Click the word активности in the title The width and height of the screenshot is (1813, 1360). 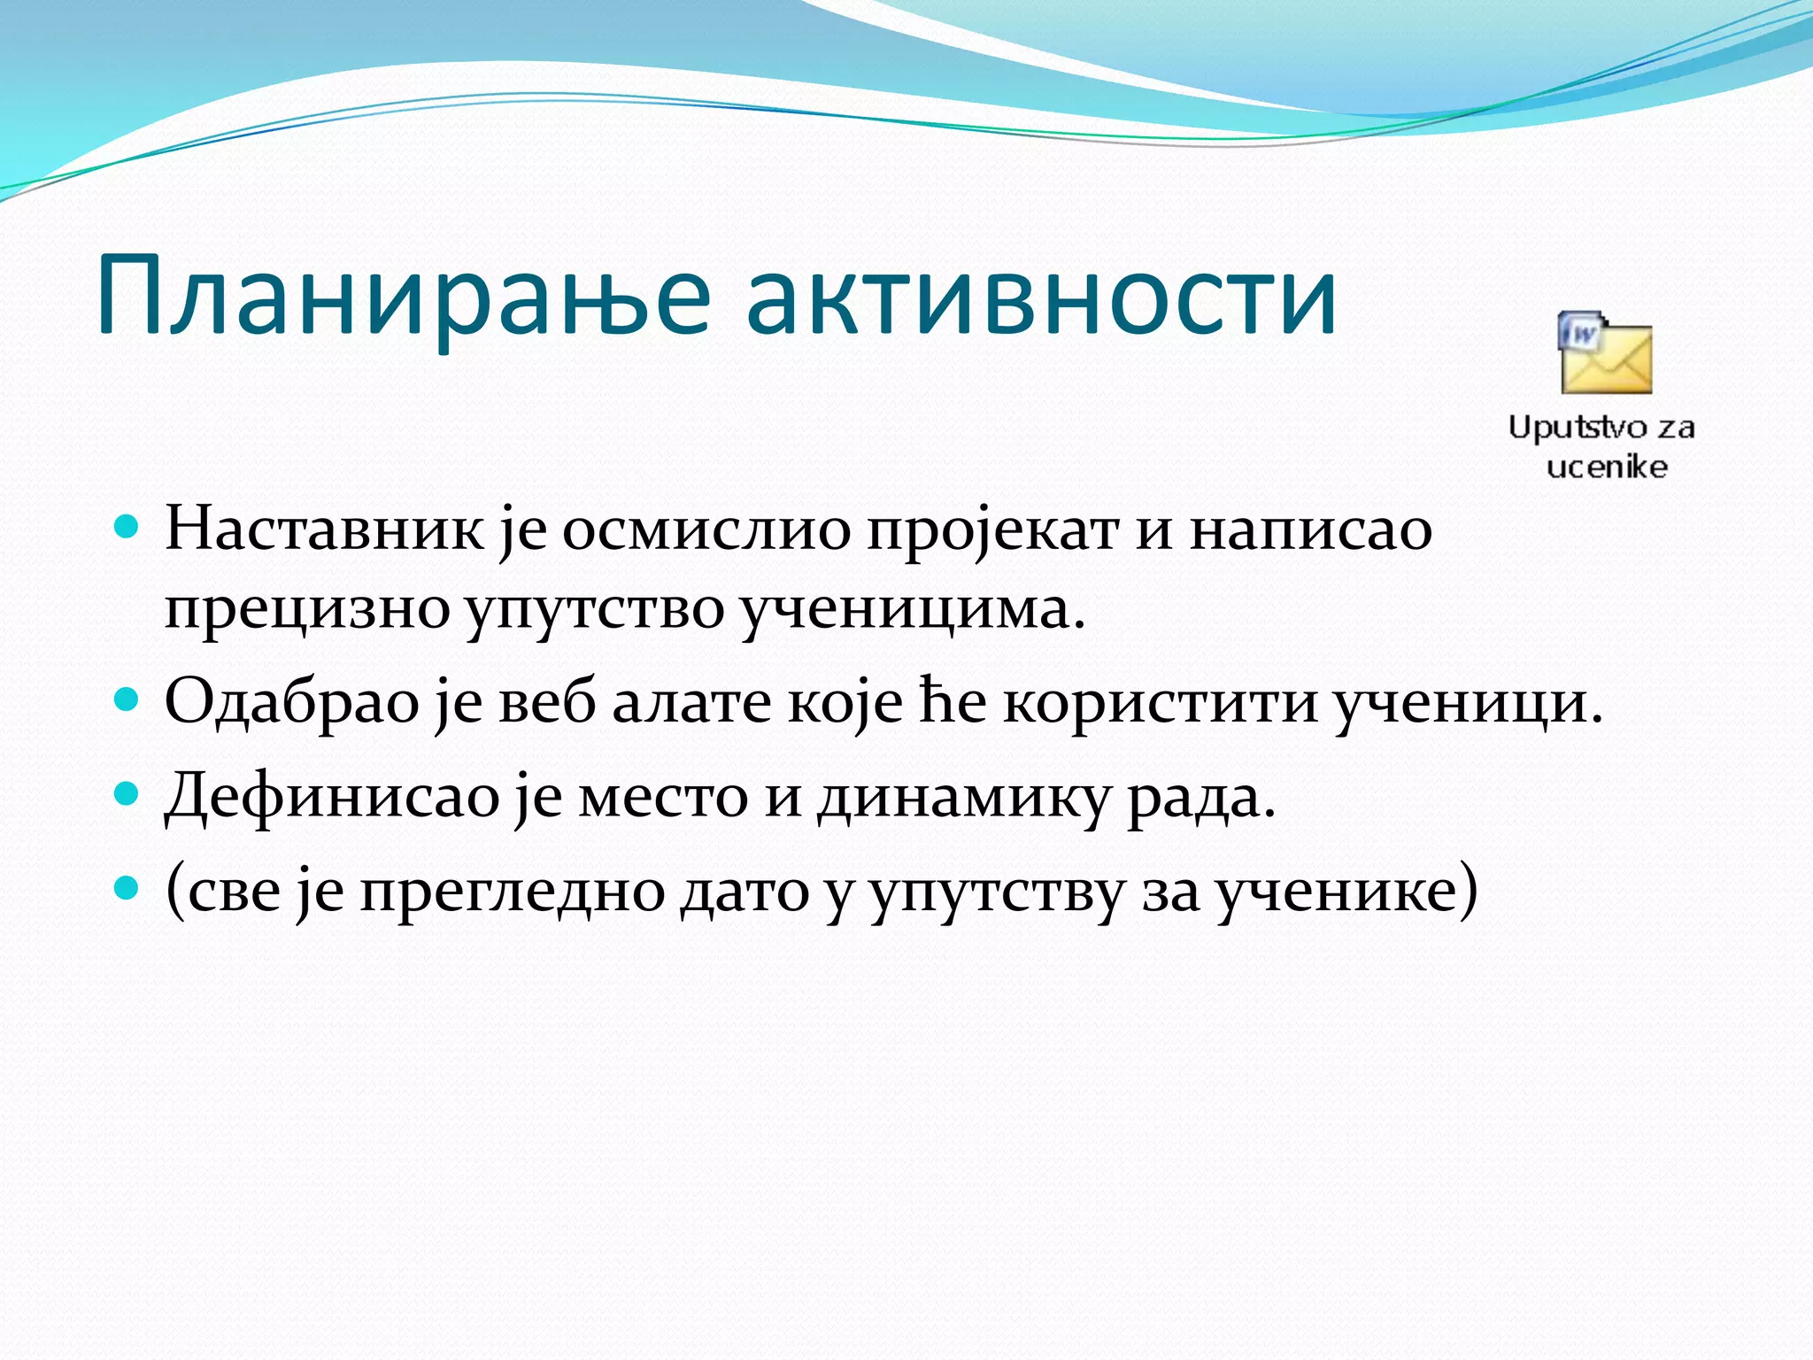[x=1041, y=297]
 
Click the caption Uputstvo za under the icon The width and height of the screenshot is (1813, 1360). [x=1601, y=428]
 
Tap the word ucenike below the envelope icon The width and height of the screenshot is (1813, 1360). [x=1607, y=467]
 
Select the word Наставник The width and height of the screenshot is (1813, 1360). [x=324, y=529]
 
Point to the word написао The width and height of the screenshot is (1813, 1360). [x=1311, y=529]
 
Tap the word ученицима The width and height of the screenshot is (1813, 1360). [x=912, y=611]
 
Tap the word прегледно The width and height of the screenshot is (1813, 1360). [x=513, y=892]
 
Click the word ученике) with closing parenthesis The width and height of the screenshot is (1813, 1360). [x=1346, y=892]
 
